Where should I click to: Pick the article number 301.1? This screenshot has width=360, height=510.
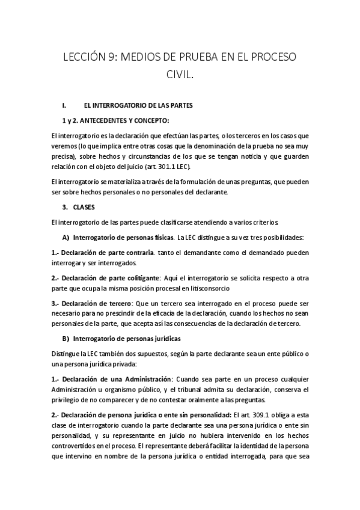click(x=182, y=166)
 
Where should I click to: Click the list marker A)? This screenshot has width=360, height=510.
click(x=66, y=235)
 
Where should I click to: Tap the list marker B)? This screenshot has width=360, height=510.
click(x=66, y=339)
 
